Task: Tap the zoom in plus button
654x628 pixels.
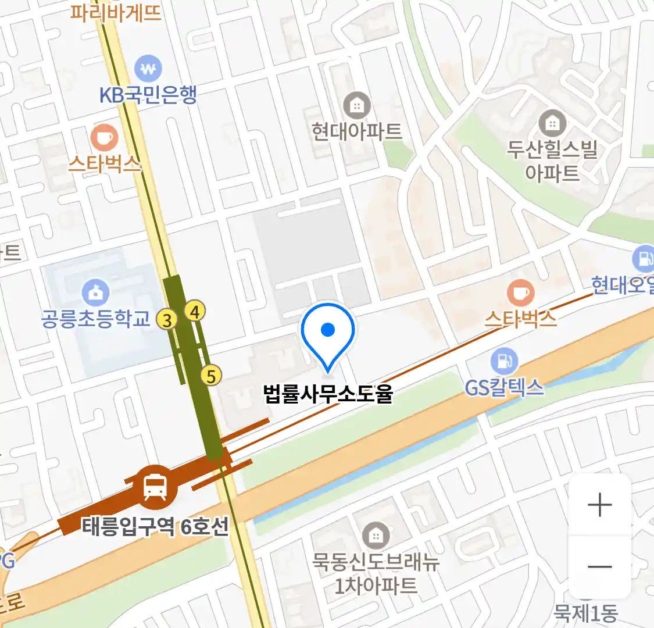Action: point(599,505)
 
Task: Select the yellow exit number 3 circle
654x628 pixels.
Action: point(167,319)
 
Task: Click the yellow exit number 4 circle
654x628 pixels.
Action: point(195,312)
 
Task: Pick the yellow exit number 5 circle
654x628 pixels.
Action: point(211,376)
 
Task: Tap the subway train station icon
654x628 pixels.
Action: point(154,486)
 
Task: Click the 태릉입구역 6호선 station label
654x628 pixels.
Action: point(155,527)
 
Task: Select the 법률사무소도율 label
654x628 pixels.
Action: point(328,394)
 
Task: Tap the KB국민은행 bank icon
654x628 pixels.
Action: point(148,69)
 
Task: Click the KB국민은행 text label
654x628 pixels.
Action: point(148,94)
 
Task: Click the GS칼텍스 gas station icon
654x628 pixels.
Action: point(504,362)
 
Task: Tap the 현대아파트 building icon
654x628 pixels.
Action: point(357,106)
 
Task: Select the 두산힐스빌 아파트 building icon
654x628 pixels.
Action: point(552,123)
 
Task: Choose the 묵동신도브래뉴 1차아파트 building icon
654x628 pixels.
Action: point(376,536)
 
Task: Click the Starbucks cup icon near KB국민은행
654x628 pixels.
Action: point(105,138)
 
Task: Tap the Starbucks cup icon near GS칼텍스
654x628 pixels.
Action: point(520,292)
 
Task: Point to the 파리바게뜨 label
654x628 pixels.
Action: point(116,12)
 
